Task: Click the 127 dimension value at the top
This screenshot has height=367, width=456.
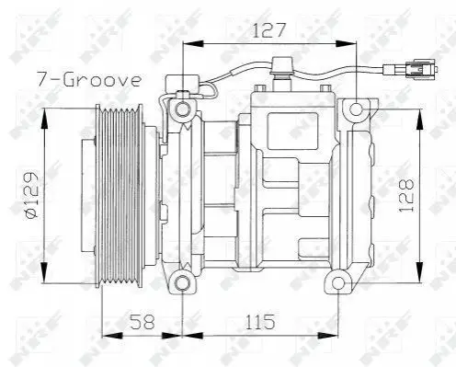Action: (268, 30)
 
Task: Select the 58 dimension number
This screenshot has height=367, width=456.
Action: (142, 321)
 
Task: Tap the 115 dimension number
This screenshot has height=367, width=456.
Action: (260, 321)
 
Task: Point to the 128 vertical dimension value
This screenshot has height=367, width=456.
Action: (406, 195)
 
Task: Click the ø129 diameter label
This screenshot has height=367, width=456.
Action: (32, 195)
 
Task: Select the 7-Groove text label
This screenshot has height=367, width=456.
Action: (89, 80)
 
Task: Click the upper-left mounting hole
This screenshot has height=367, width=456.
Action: (183, 109)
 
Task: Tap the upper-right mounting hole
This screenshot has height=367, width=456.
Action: (356, 109)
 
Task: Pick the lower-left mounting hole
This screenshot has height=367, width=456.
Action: (183, 282)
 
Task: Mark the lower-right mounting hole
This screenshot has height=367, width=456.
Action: (338, 282)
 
